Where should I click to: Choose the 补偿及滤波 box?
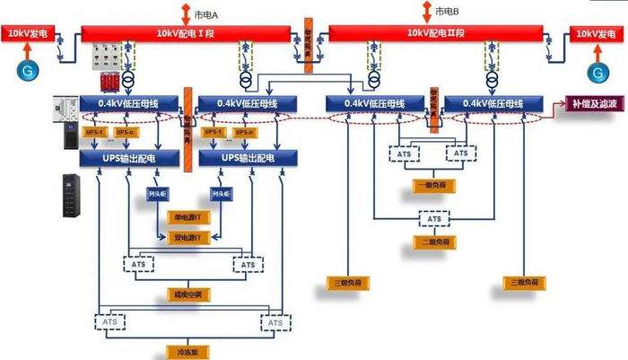[595, 103]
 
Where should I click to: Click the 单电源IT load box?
[190, 218]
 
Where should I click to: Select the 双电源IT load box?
[190, 237]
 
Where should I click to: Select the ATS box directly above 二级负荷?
[435, 218]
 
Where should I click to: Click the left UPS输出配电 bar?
[129, 158]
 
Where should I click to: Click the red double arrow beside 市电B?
[426, 12]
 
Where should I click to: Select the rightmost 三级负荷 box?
[525, 283]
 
